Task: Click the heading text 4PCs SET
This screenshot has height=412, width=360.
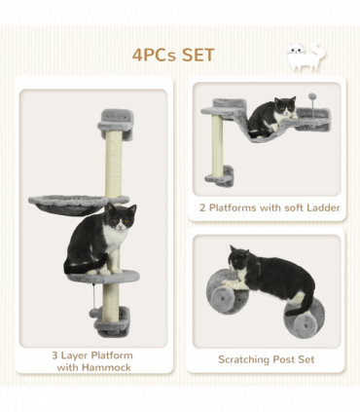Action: click(x=172, y=55)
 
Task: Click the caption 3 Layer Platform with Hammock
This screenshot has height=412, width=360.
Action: click(x=92, y=361)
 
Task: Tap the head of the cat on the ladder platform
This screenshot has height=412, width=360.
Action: click(x=285, y=106)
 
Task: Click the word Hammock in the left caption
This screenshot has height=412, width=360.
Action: click(x=116, y=367)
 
